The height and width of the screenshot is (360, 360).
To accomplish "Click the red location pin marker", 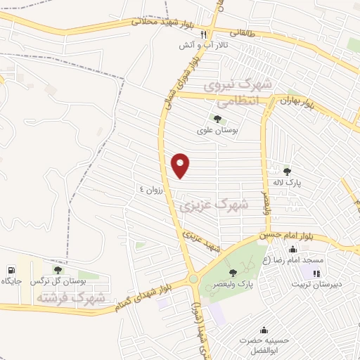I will [181, 165].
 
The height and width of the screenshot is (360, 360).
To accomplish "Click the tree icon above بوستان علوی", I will [217, 119].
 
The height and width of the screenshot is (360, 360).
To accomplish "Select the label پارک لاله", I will [287, 182].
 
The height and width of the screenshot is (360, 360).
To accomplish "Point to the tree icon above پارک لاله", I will [286, 171].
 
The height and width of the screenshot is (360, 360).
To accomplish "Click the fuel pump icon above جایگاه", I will [11, 270].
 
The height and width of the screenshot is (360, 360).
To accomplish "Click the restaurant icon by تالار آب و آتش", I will [204, 34].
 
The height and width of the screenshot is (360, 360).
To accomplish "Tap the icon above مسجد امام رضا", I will [292, 249].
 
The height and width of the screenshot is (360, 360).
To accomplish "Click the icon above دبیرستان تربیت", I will [316, 274].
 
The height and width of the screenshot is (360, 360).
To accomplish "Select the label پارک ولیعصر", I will [235, 283].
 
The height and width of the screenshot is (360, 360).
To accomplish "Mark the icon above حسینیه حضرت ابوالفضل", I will [264, 330].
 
